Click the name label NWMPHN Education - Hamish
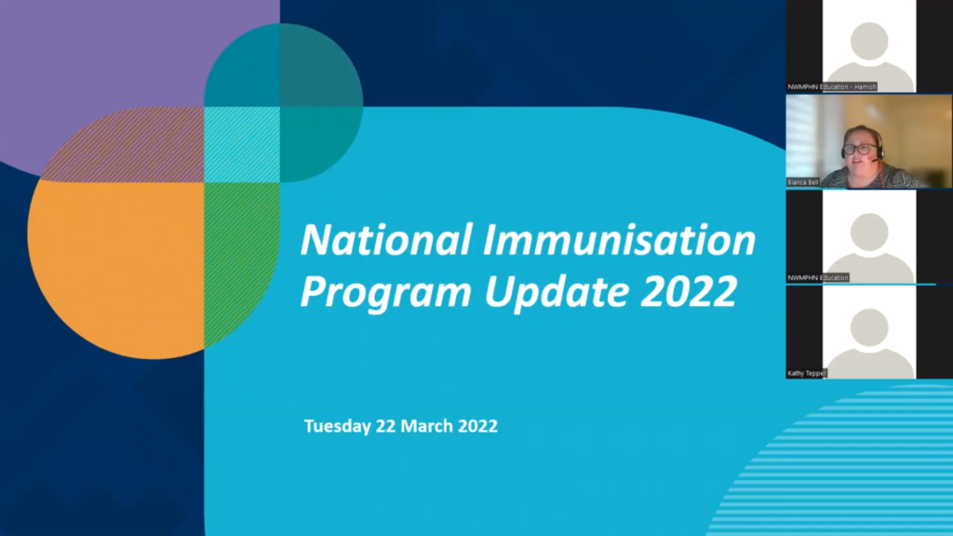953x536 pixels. [x=832, y=87]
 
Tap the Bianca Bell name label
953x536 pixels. [x=802, y=182]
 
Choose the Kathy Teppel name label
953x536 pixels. [x=807, y=373]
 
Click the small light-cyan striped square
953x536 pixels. [x=242, y=144]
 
